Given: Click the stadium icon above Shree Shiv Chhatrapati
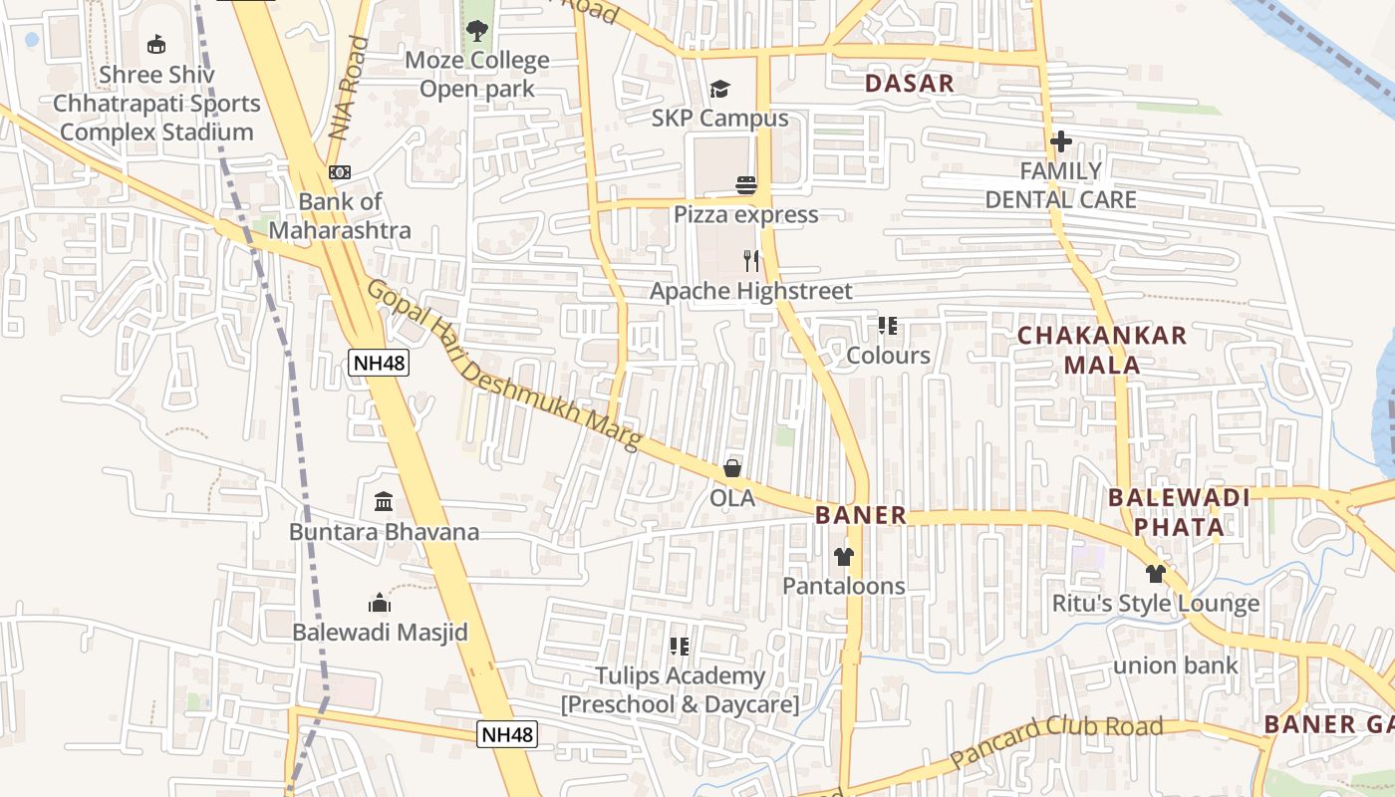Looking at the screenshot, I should (x=156, y=44).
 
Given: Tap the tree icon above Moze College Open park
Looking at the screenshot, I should (x=477, y=31).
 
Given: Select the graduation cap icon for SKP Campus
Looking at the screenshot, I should (x=719, y=90).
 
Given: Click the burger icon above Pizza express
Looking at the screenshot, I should (x=746, y=185).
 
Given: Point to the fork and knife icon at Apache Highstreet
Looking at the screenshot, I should (x=751, y=261).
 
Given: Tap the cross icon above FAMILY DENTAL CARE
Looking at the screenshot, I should (x=1061, y=141).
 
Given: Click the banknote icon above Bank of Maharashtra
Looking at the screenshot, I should (x=340, y=172).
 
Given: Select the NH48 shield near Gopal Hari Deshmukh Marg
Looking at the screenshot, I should (x=379, y=363).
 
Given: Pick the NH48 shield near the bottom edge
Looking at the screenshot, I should (x=507, y=735).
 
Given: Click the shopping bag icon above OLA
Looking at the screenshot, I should (x=732, y=468).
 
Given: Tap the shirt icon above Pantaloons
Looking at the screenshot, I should (x=844, y=556).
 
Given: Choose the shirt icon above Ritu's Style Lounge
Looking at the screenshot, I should (x=1156, y=574).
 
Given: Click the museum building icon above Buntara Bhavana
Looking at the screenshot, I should (x=384, y=502).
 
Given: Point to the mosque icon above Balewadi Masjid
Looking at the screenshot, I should (x=380, y=603).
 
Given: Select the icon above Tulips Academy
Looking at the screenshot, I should (x=680, y=647).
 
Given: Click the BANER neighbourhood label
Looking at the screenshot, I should (x=861, y=515).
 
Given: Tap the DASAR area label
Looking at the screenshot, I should (x=910, y=83).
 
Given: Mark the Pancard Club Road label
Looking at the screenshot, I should (x=1056, y=740).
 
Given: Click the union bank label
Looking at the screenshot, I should (x=1176, y=665).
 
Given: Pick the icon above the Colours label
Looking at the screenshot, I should (x=888, y=326).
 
